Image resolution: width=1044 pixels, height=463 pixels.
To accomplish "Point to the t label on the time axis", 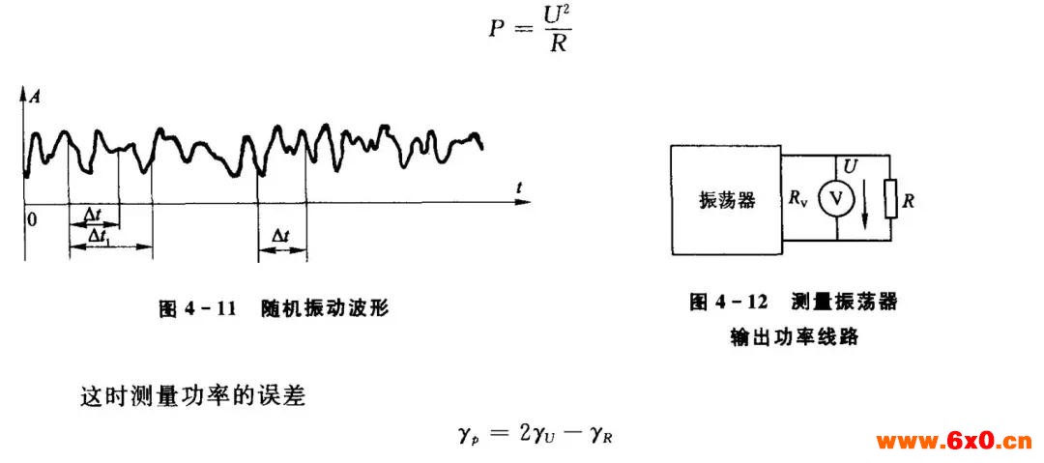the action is click(519, 188).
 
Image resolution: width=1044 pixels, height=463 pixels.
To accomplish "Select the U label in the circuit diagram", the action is click(850, 164).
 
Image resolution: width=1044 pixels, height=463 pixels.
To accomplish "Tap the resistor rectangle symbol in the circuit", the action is click(890, 199).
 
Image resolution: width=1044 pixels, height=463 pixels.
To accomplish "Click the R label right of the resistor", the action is click(908, 200).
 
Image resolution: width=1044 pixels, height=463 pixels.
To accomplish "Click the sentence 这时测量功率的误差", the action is click(192, 397).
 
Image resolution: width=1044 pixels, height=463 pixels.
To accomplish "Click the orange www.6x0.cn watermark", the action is click(953, 441).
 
